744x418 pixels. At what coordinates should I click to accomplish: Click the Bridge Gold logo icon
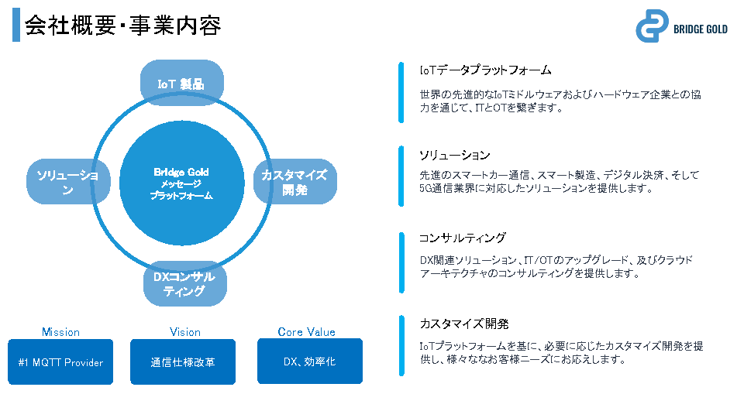point(652,26)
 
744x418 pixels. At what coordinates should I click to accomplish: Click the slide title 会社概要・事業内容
point(123,26)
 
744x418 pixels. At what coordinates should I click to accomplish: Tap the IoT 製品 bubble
point(181,83)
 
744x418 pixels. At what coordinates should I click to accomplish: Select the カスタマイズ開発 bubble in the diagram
point(294,182)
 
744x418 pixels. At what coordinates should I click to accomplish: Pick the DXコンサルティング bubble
point(184,283)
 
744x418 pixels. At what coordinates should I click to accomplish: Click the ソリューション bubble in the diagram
point(68,182)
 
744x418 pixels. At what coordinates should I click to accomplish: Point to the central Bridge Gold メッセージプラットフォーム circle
point(181,183)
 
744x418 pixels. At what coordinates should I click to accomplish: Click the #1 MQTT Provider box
point(60,361)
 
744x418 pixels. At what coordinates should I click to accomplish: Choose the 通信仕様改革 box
point(183,361)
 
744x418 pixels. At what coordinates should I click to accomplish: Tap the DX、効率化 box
point(309,361)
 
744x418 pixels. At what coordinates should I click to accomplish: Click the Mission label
point(60,332)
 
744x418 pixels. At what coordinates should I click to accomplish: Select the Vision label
point(185,332)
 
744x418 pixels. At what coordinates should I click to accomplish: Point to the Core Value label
point(306,332)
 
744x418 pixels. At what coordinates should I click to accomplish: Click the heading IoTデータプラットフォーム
point(485,70)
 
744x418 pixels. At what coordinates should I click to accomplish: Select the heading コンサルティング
point(462,238)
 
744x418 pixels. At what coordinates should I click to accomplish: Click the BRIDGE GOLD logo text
point(701,29)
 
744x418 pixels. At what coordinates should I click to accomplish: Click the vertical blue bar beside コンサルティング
point(401,262)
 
